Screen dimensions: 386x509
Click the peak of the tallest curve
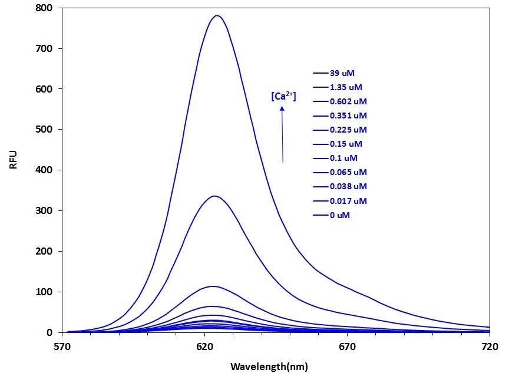[217, 15]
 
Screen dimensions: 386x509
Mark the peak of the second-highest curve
[214, 196]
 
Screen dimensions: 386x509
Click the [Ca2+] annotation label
[283, 96]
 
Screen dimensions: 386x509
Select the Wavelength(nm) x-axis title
[269, 367]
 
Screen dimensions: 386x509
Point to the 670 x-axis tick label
[347, 346]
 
